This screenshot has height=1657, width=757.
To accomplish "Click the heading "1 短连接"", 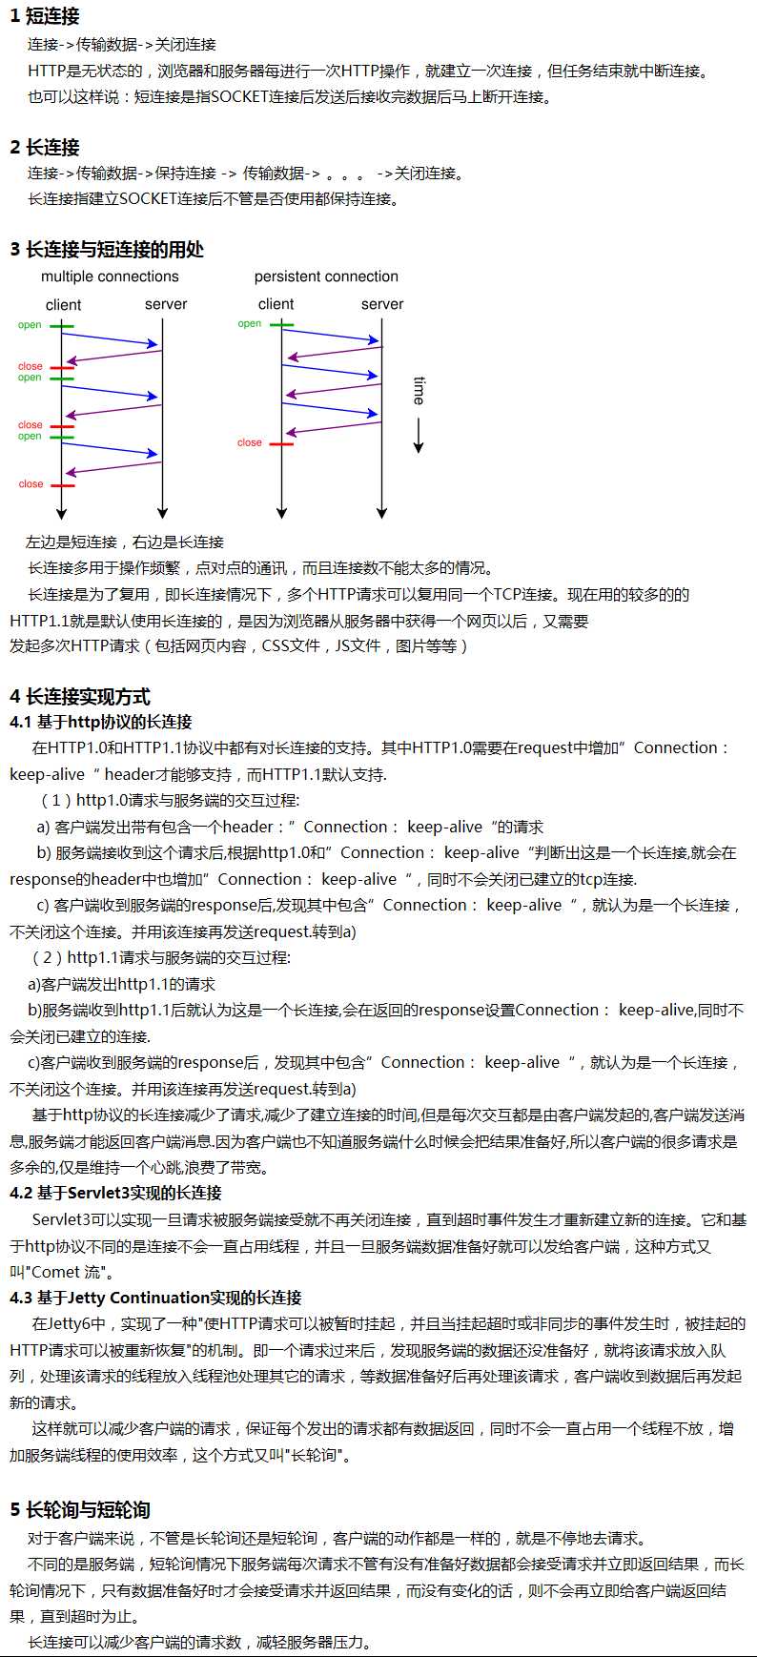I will tap(45, 16).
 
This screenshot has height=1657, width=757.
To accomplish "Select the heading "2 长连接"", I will tap(45, 147).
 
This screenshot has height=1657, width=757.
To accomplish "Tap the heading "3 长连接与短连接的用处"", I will tap(107, 250).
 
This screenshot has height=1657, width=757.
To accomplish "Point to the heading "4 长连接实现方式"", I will tap(80, 697).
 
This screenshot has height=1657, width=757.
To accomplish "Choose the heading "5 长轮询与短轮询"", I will tap(80, 1510).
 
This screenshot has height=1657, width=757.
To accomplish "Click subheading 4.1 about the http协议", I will tap(101, 722).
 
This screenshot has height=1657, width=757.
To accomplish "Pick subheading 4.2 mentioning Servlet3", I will tap(115, 1193).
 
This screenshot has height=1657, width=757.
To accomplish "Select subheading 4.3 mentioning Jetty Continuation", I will tap(155, 1298).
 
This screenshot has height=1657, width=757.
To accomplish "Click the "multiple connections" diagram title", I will tap(110, 276).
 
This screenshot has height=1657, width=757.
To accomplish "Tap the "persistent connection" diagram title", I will tap(326, 276).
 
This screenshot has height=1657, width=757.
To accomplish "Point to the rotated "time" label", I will tap(419, 390).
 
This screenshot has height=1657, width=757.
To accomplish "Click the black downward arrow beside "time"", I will tap(418, 435).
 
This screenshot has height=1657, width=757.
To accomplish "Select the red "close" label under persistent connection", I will tap(250, 442).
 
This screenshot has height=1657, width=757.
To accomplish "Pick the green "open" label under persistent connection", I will tap(250, 324).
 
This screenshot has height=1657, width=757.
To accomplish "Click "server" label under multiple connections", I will tap(166, 304).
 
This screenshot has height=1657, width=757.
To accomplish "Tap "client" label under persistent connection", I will tap(276, 304).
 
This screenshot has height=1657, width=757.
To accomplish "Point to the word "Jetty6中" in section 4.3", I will tap(76, 1323).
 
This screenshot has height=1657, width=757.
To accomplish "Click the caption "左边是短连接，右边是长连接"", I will tap(125, 542).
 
